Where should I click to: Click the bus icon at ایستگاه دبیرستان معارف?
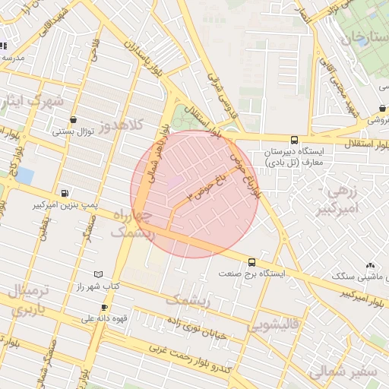[294, 140]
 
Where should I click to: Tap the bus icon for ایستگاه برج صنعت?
[251, 261]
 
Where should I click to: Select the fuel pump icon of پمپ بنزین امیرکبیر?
[64, 193]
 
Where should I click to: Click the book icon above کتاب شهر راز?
[97, 274]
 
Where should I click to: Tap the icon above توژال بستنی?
[73, 119]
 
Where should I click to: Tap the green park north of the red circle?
[183, 118]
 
